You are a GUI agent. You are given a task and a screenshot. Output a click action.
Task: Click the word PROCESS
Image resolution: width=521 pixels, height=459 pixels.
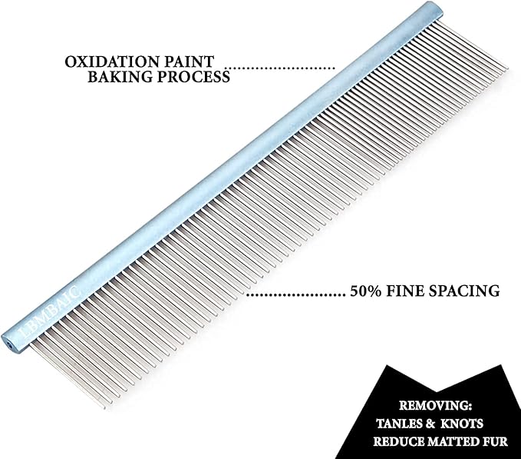(196, 78)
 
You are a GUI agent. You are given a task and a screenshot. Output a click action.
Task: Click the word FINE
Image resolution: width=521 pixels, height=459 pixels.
(411, 292)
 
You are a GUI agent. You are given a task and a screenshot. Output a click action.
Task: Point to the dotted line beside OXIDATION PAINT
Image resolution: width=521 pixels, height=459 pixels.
(284, 68)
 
